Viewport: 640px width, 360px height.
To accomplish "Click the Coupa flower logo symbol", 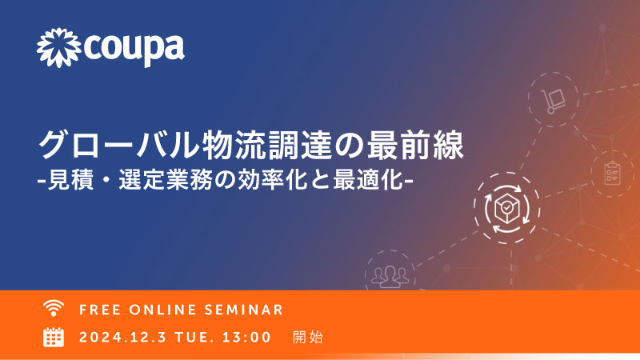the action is [x=58, y=48].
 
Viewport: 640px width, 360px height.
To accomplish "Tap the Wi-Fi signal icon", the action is [x=54, y=308].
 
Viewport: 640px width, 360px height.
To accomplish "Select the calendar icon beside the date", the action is [x=54, y=337].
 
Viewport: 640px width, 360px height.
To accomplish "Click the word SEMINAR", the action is [x=244, y=310].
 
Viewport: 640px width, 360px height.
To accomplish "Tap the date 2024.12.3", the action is [x=123, y=338].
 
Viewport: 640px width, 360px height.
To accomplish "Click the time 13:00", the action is [x=246, y=338].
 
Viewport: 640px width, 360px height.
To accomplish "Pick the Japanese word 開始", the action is [x=308, y=338].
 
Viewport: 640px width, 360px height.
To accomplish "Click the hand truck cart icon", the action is [x=553, y=101].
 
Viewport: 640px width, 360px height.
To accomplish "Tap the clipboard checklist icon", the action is [x=612, y=174].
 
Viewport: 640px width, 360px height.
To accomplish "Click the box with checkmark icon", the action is [x=506, y=208].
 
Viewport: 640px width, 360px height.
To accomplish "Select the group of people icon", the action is [x=390, y=276].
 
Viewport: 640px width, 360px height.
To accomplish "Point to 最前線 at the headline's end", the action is [x=415, y=145].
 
